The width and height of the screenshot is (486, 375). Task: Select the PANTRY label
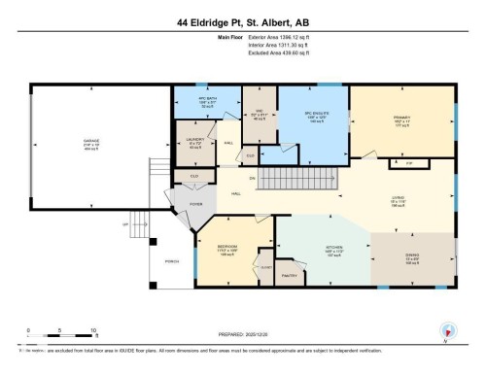click(289, 277)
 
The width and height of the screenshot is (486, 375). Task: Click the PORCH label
click(172, 262)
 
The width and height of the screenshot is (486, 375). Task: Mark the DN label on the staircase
click(251, 178)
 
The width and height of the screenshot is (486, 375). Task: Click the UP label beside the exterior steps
click(123, 224)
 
